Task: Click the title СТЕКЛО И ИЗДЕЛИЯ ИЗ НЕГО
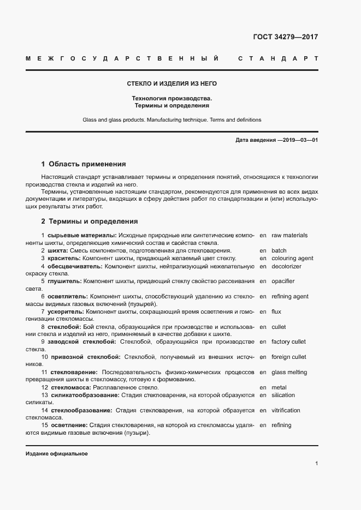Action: click(x=171, y=83)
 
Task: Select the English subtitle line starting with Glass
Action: click(x=171, y=119)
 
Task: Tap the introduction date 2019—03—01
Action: click(x=299, y=140)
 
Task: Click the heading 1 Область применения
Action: click(x=84, y=164)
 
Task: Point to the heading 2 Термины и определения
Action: click(x=90, y=221)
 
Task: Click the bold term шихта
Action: click(x=57, y=251)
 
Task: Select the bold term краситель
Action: click(x=64, y=259)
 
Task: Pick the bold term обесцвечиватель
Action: click(x=75, y=266)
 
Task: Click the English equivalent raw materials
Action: click(x=289, y=236)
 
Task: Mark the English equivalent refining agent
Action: click(x=289, y=296)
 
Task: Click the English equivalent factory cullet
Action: click(x=288, y=342)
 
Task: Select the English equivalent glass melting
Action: click(x=289, y=373)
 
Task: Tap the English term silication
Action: click(x=283, y=395)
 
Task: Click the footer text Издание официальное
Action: click(x=56, y=454)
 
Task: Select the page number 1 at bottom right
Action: click(x=316, y=464)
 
